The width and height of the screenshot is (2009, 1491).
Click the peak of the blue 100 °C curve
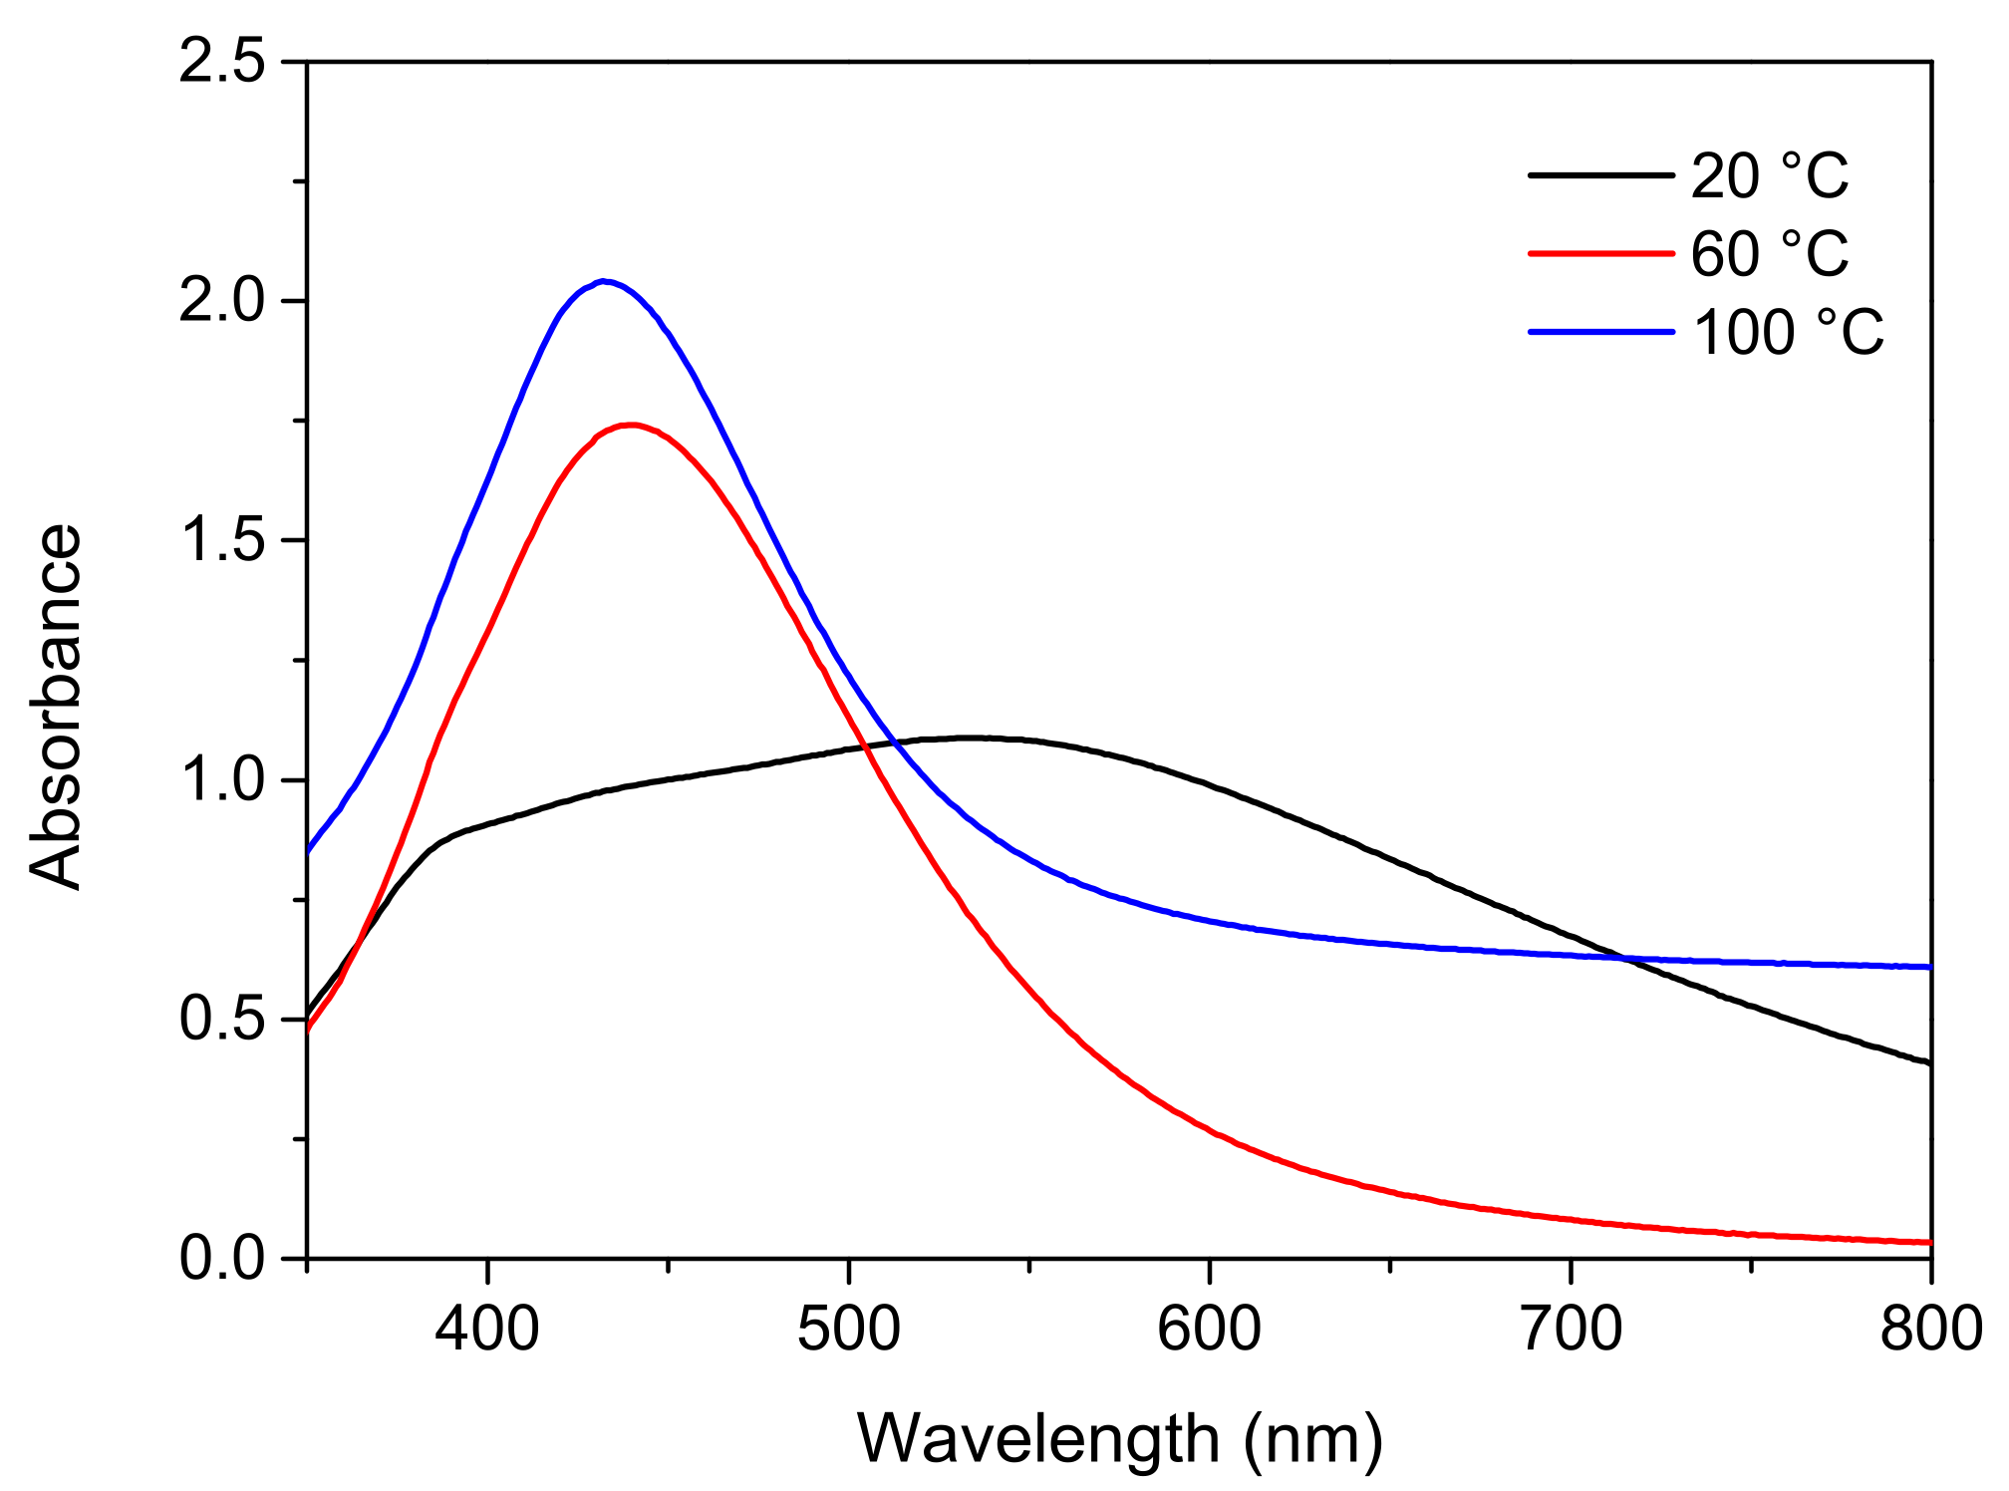[x=604, y=281]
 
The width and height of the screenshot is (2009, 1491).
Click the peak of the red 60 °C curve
[x=630, y=425]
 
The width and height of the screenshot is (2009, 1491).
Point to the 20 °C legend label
[x=1770, y=175]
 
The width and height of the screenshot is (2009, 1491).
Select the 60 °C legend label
[x=1770, y=253]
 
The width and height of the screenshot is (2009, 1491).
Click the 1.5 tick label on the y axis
[x=222, y=540]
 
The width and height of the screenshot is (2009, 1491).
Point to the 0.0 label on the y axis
[x=222, y=1259]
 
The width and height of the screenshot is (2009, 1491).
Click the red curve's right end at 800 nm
[x=1929, y=1242]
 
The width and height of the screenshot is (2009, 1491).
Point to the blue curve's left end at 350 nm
[x=309, y=851]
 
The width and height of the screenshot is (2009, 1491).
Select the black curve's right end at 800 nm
[x=1929, y=1062]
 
